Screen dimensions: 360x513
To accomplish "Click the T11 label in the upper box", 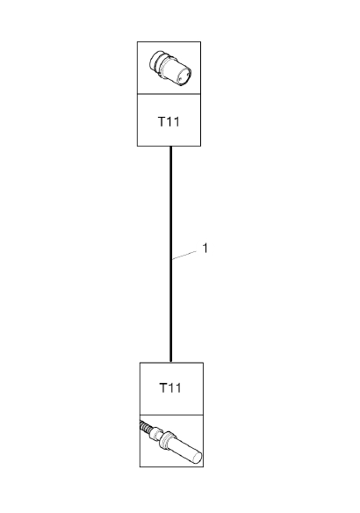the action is (x=169, y=122).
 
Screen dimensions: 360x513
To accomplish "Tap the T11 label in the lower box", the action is (x=170, y=388).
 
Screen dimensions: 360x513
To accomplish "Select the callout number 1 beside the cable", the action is (x=205, y=248).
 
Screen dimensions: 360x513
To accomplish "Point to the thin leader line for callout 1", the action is (x=184, y=256).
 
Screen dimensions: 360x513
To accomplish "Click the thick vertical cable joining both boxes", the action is (x=170, y=254).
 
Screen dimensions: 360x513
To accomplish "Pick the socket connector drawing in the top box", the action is (x=170, y=69).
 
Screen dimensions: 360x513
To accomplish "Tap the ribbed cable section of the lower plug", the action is (x=145, y=427).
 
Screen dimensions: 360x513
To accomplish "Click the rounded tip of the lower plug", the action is (x=198, y=458).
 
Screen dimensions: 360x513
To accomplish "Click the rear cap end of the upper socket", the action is (x=155, y=61).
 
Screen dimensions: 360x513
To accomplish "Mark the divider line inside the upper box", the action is (x=169, y=94).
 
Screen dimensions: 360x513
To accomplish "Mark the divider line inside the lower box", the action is (x=172, y=415).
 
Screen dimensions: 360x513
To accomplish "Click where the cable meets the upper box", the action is (x=170, y=146).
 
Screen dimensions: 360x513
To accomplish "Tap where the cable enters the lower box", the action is (x=170, y=362).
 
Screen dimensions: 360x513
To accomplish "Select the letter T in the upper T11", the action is (x=162, y=122).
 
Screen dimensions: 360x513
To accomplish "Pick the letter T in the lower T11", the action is (x=163, y=388).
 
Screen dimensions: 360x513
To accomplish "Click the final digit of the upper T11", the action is (x=176, y=122).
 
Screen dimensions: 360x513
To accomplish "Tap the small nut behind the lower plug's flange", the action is (x=155, y=434).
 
